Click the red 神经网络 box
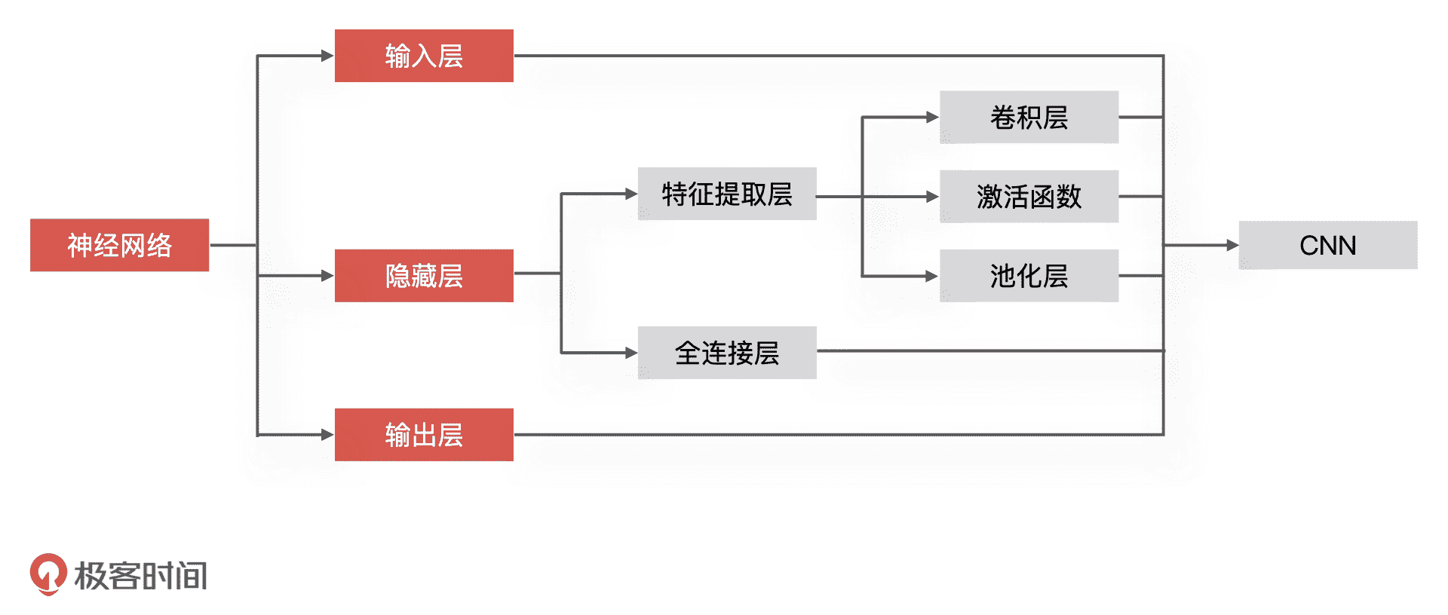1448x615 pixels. [x=119, y=245]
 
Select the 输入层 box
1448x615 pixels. [x=424, y=56]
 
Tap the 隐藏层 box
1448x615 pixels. [x=424, y=276]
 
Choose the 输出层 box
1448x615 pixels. [x=424, y=435]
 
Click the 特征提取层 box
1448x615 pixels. [x=727, y=194]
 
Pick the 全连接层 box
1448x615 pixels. [x=727, y=353]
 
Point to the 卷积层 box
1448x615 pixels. [x=1029, y=118]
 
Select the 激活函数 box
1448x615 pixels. [x=1029, y=197]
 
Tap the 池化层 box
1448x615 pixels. [x=1029, y=276]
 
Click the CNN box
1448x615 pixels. [x=1327, y=245]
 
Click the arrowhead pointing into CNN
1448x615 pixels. [x=1232, y=245]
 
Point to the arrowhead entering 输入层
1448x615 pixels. [x=327, y=56]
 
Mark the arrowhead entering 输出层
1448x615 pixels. [x=327, y=435]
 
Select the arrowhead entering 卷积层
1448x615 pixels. [x=932, y=118]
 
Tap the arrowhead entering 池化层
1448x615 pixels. [x=932, y=277]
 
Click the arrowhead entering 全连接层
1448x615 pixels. [x=630, y=353]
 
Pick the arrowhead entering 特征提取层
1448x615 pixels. [x=630, y=194]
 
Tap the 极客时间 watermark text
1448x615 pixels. [x=141, y=576]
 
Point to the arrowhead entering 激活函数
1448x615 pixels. [x=932, y=197]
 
